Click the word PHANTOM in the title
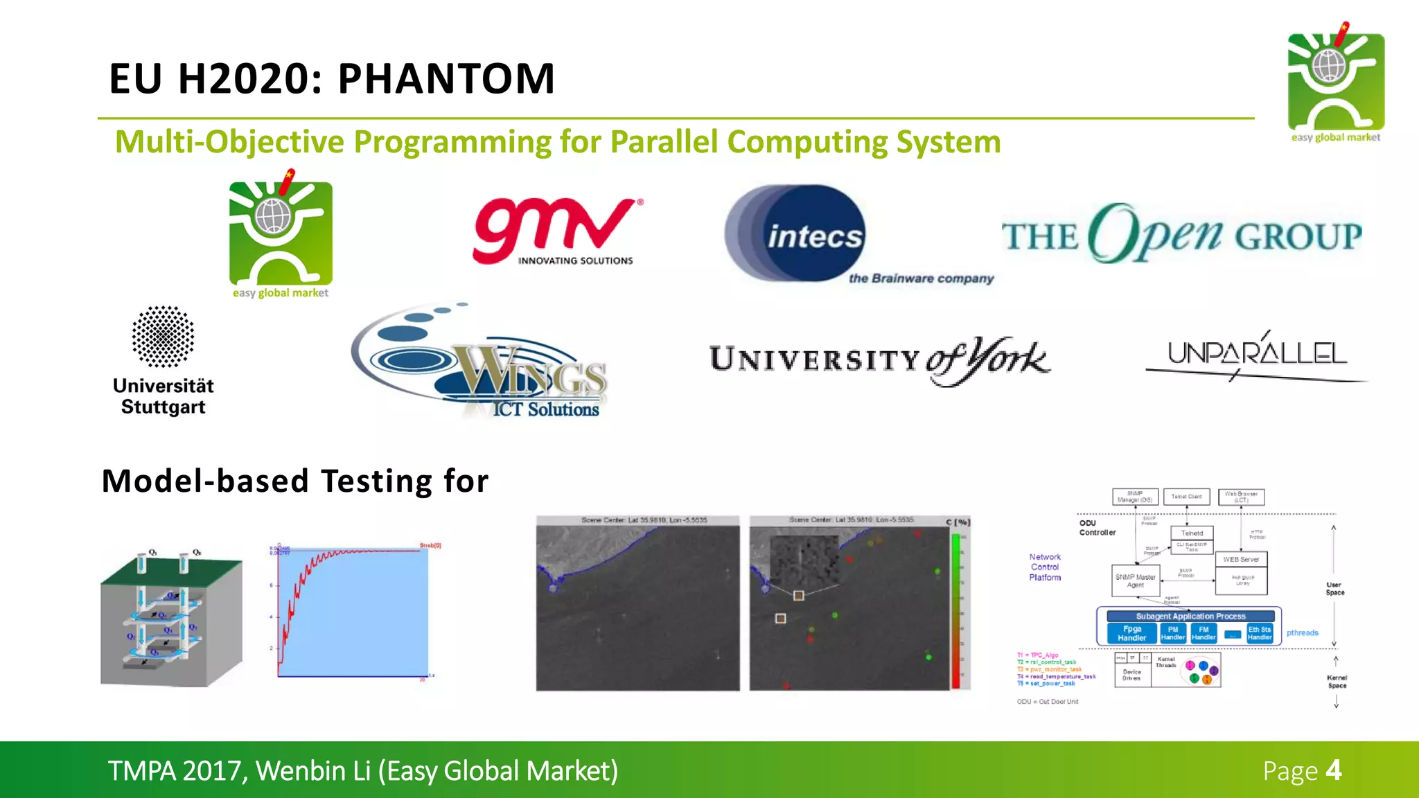click(446, 78)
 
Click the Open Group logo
click(1181, 234)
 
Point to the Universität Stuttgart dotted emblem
click(163, 337)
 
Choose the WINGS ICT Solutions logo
click(485, 363)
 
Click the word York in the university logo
click(1008, 359)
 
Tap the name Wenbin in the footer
click(312, 771)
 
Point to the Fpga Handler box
click(1131, 633)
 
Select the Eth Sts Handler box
click(1259, 633)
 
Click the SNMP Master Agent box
click(1135, 580)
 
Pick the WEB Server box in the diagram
click(1241, 559)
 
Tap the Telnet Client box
click(1186, 497)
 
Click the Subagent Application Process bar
click(1190, 616)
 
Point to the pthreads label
click(1302, 632)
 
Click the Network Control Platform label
click(1045, 567)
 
